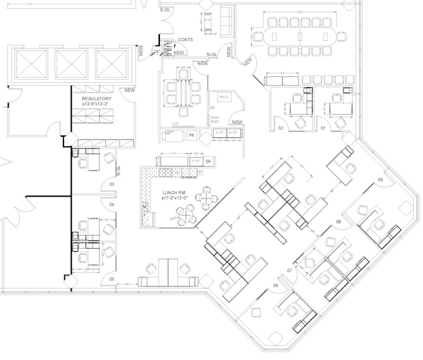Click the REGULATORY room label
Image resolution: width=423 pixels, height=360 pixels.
point(96,99)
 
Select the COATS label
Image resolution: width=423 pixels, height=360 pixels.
point(185,40)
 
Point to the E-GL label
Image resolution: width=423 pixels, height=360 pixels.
point(166,10)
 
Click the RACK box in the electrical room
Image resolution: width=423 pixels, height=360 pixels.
point(224,98)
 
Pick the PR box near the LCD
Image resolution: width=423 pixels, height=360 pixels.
point(192,134)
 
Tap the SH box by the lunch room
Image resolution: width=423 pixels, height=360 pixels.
point(208,161)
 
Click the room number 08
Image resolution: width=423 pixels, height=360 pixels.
point(339,221)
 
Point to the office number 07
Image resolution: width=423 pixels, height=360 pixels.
point(290,271)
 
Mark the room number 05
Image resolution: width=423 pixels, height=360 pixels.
point(112,279)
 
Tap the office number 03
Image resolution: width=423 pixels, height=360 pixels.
point(112,185)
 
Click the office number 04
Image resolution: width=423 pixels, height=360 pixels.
point(112,204)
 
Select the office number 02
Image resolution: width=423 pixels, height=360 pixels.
point(281,127)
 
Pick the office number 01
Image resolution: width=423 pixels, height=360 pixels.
point(322,127)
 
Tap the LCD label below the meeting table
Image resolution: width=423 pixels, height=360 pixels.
point(176,124)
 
